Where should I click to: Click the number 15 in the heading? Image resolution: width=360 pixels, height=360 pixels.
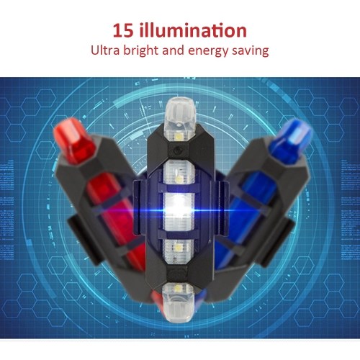point(123,30)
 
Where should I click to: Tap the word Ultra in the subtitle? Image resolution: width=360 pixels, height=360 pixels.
point(105,50)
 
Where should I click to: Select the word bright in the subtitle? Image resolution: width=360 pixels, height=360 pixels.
point(141,51)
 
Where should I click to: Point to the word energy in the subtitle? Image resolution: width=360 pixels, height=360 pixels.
point(208,52)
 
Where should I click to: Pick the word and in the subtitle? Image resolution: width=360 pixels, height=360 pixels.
point(174,50)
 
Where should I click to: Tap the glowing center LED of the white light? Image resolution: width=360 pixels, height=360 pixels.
point(179,210)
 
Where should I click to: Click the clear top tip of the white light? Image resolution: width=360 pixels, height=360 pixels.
point(180,115)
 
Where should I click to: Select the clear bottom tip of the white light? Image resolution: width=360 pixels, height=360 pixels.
point(178,303)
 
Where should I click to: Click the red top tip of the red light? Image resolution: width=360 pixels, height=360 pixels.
point(74,140)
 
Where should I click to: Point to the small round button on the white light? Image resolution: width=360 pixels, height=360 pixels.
point(178,150)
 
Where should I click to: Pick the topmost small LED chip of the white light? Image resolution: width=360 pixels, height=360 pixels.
point(179,137)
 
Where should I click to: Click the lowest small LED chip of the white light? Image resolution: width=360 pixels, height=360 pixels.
point(177,289)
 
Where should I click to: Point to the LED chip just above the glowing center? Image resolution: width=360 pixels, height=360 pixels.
point(179,179)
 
